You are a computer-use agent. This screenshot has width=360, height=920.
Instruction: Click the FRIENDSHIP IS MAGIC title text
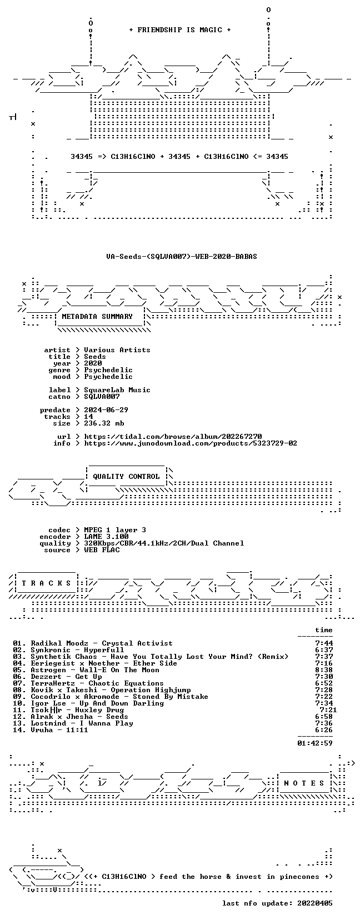point(180,30)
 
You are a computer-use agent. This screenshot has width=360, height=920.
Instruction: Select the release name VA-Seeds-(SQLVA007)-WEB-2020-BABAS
point(182,257)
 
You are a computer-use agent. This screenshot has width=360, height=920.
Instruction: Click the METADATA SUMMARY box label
point(97,317)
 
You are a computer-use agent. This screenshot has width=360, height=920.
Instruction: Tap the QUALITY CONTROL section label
point(126,477)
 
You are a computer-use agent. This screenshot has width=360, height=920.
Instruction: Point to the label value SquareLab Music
point(117,390)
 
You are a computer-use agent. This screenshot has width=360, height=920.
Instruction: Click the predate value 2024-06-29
point(106,410)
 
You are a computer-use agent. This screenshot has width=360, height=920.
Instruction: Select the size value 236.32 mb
point(104,423)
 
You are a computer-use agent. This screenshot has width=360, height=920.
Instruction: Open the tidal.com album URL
point(173,437)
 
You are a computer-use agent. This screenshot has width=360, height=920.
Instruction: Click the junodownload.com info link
point(191,443)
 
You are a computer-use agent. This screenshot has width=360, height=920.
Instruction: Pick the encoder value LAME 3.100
point(106,537)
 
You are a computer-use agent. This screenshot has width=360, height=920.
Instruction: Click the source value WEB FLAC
point(102,550)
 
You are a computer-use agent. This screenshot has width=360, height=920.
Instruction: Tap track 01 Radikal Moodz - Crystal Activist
point(93,643)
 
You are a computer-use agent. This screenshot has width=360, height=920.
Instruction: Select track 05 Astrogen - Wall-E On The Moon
point(86,670)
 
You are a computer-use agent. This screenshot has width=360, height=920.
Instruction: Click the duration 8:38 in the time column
point(324,670)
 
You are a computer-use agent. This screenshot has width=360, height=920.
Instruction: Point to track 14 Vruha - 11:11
point(51,730)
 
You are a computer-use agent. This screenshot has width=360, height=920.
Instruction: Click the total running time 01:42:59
point(315,743)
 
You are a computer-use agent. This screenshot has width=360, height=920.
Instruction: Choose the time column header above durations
point(324,630)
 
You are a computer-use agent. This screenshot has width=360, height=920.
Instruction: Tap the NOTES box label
point(304,783)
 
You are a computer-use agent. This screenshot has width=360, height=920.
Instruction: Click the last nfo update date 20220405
point(315,903)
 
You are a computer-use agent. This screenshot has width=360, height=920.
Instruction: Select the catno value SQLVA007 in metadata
point(102,397)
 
